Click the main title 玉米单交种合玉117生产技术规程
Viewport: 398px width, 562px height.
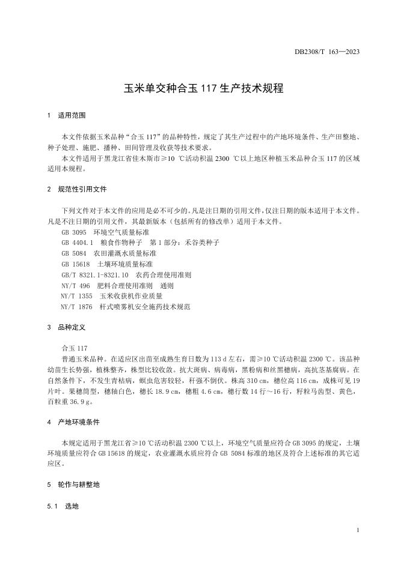tap(199, 88)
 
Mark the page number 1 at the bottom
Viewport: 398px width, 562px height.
tap(358, 531)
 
